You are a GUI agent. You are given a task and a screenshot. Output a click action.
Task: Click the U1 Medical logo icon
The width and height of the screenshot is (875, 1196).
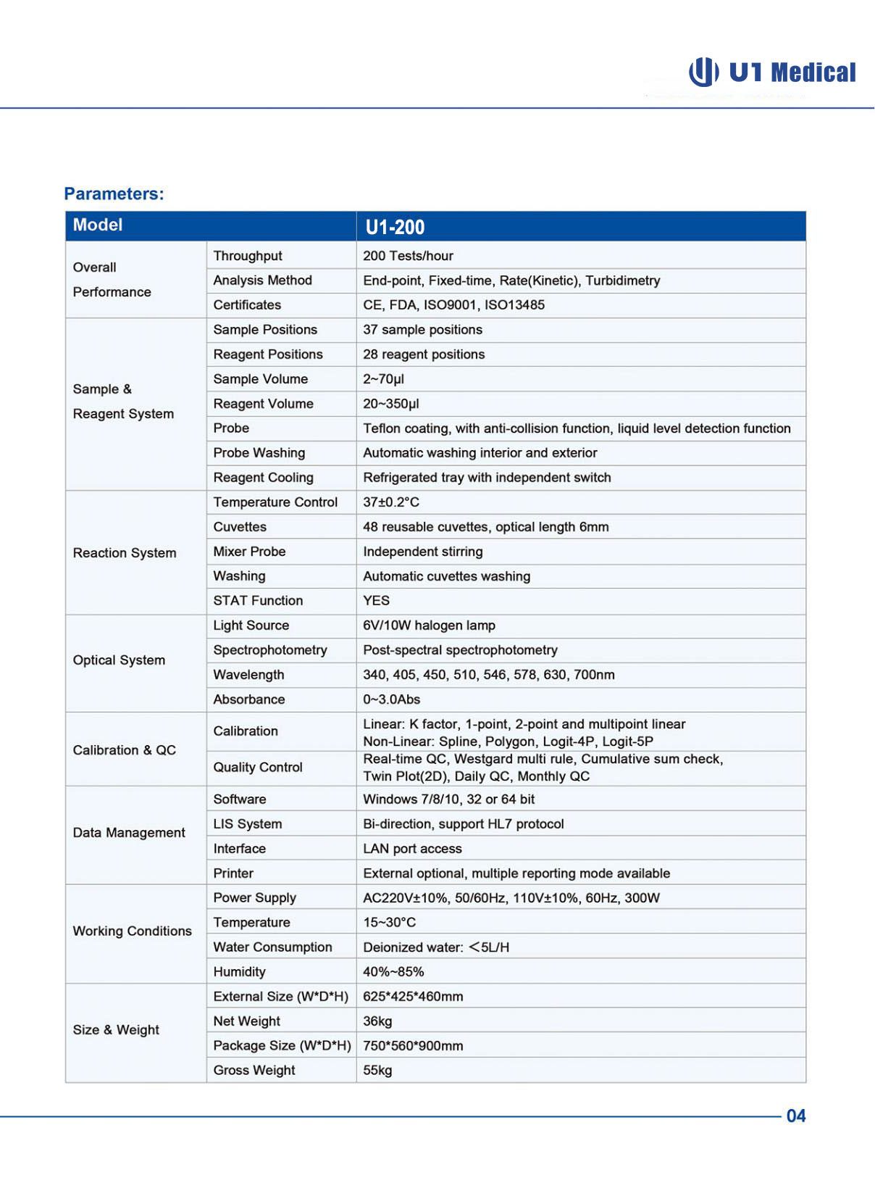click(x=703, y=72)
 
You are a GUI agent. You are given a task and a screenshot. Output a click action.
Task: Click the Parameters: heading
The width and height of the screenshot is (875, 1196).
click(x=114, y=194)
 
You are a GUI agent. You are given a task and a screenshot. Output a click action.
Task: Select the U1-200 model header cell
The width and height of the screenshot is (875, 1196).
click(x=395, y=227)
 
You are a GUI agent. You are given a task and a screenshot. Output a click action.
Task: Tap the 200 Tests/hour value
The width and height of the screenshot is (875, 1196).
click(x=408, y=256)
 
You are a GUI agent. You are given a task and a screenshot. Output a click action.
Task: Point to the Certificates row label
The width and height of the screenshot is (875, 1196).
click(x=247, y=305)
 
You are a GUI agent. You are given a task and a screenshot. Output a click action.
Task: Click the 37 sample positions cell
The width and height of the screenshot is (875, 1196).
click(x=422, y=330)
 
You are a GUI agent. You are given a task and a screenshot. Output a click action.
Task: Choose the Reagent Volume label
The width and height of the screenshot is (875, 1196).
click(x=263, y=404)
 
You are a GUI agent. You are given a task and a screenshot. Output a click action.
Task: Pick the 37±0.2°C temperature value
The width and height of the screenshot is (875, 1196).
click(x=391, y=502)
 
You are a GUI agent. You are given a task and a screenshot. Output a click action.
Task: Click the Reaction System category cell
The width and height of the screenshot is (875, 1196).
click(x=125, y=553)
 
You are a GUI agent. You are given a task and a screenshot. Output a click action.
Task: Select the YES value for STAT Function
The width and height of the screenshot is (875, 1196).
click(x=376, y=601)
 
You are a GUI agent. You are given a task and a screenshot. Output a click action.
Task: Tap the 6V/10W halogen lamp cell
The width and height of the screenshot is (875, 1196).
click(x=429, y=626)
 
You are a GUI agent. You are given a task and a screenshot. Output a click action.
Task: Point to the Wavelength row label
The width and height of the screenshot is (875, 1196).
click(x=248, y=675)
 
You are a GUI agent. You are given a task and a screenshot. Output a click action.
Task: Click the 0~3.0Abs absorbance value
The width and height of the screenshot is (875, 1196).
click(x=391, y=699)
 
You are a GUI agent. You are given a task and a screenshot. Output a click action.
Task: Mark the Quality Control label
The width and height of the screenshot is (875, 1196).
click(x=258, y=768)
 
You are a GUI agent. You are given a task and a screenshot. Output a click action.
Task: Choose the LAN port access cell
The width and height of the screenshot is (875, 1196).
click(x=412, y=849)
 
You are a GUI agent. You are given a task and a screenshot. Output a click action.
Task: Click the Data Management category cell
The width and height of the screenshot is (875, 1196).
click(x=129, y=833)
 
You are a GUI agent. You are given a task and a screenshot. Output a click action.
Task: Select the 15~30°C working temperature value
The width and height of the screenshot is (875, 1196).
click(x=389, y=923)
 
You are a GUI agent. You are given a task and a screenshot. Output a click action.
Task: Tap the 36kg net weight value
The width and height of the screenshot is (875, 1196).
click(x=377, y=1021)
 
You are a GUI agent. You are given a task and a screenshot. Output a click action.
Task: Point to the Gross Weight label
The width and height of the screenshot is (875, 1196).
click(x=254, y=1071)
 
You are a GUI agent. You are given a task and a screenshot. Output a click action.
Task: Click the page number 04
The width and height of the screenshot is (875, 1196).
click(x=796, y=1116)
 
